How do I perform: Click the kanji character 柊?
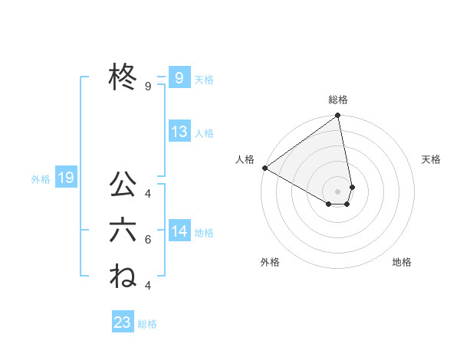(x=123, y=78)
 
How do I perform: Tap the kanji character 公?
(x=123, y=185)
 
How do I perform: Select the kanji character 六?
(x=123, y=231)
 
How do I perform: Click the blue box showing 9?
(x=179, y=78)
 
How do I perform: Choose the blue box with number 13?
(x=179, y=132)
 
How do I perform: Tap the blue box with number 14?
(x=179, y=231)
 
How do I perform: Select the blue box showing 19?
(x=65, y=178)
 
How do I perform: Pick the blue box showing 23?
(x=123, y=322)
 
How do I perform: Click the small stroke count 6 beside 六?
(x=148, y=240)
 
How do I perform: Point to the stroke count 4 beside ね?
(x=148, y=286)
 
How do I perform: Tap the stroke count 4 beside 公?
(x=148, y=193)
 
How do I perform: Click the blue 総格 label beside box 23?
(x=147, y=324)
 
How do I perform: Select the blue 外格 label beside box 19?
(x=41, y=179)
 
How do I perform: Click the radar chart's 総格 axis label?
(x=338, y=100)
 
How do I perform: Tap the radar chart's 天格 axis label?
(x=432, y=159)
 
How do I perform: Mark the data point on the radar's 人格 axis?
(x=264, y=167)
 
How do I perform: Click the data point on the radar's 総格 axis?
(x=338, y=116)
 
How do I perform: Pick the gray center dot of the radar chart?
(x=338, y=190)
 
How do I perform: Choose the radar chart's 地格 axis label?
(x=402, y=262)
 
